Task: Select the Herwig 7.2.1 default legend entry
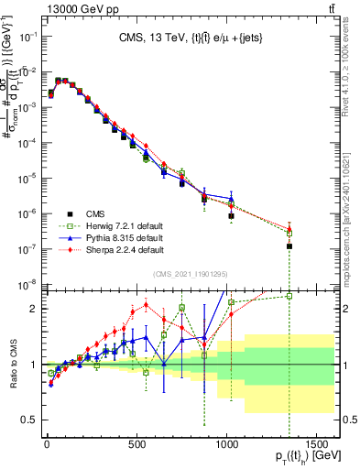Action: coord(100,226)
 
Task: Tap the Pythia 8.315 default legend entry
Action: coord(100,237)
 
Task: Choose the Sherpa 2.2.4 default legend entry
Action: coord(100,248)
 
